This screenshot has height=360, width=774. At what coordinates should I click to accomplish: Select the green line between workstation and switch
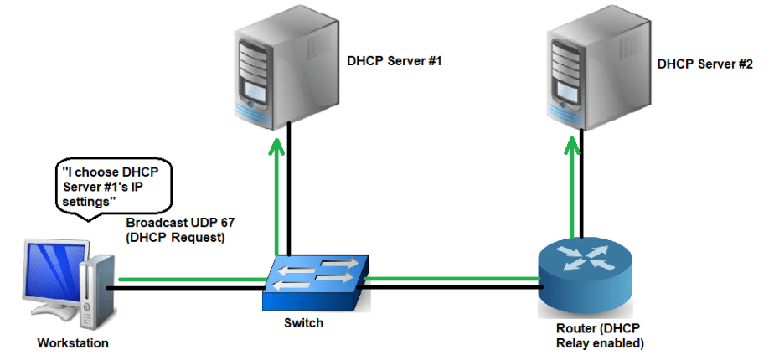193,280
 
